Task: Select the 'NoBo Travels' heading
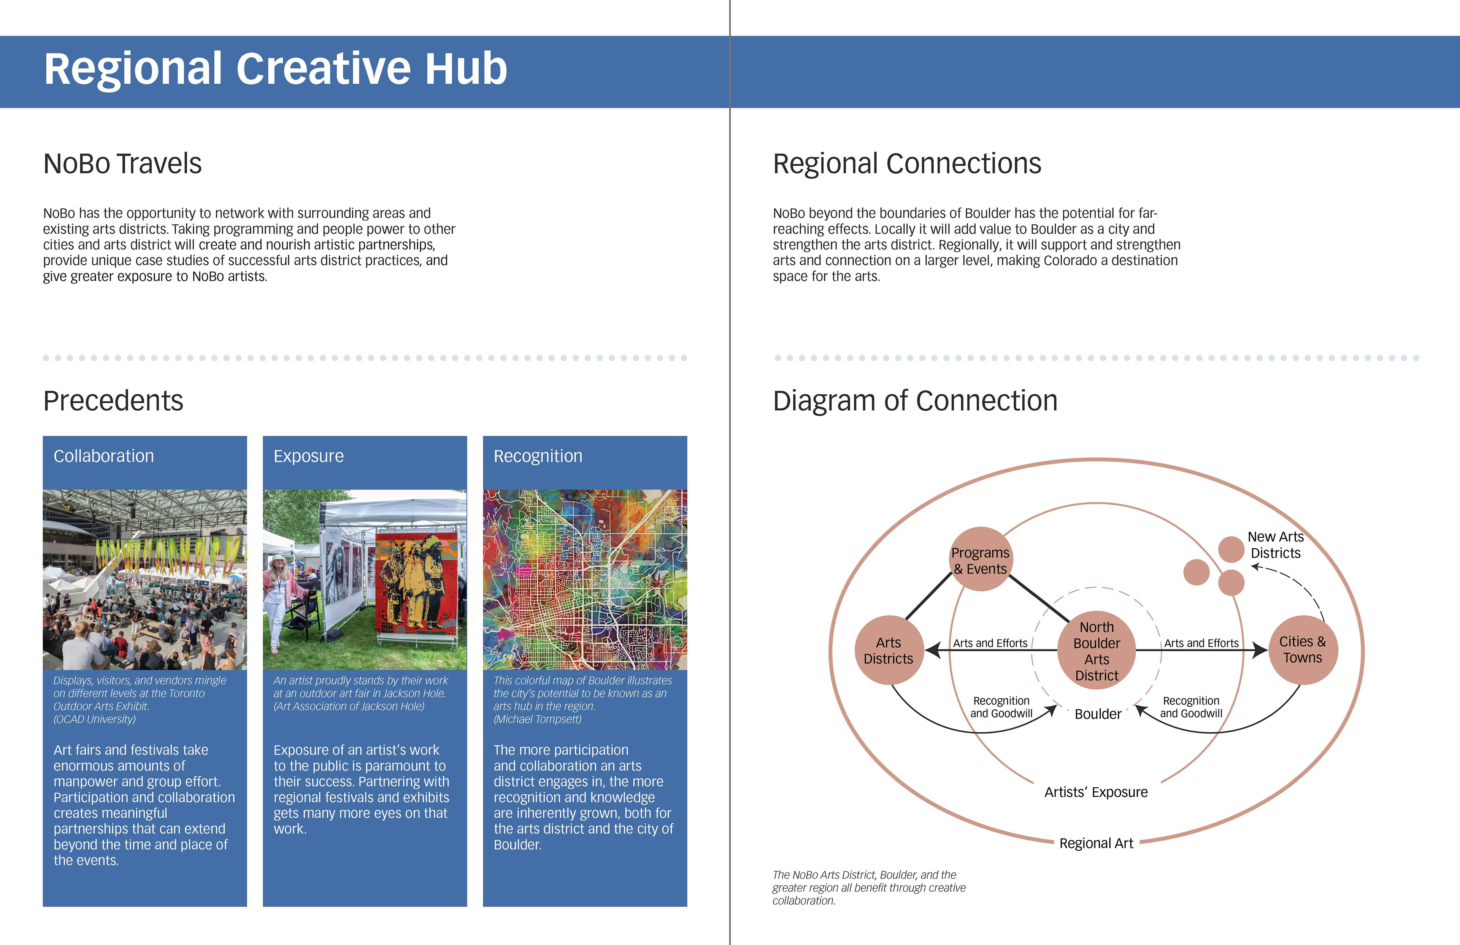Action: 122,163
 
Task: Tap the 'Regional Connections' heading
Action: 907,163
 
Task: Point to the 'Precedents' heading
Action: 113,401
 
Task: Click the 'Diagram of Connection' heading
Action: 915,401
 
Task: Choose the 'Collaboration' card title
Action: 104,456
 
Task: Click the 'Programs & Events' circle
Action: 981,559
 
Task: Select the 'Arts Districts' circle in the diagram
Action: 889,650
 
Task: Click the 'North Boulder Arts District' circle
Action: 1097,650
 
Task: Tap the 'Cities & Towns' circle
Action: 1303,650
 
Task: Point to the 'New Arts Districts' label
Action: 1276,545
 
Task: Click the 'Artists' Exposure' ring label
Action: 1096,792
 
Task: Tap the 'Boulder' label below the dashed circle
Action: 1098,714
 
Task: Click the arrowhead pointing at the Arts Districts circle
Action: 932,650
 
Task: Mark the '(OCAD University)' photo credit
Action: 94,719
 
